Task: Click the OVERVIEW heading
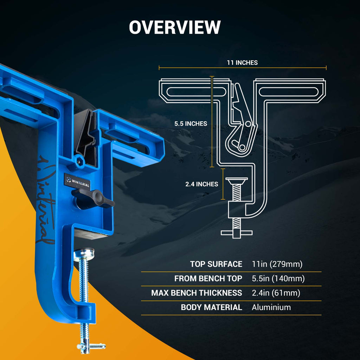[175, 27]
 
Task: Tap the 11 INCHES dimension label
[242, 63]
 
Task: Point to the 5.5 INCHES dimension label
[191, 124]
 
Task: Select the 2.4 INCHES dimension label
[202, 184]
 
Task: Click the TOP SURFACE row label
[216, 264]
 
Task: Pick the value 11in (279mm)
[277, 264]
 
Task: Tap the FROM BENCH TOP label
[208, 279]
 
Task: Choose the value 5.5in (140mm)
[278, 279]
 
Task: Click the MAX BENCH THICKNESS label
[197, 293]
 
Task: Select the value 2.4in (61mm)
[276, 293]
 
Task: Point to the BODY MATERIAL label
[211, 307]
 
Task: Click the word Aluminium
[271, 307]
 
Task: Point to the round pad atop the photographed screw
[84, 253]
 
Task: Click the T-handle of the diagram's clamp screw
[237, 233]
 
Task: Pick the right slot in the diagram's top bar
[290, 92]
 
